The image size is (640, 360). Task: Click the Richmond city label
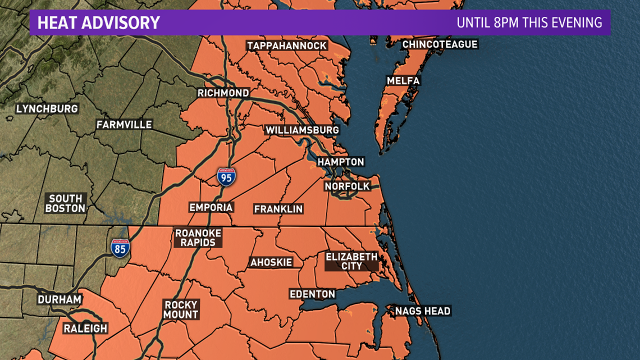coord(223,93)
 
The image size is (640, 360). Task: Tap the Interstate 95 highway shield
coord(226,177)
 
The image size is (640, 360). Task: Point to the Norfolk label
coord(347,186)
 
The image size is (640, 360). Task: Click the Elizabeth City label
coord(352,261)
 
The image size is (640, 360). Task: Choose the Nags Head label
coord(423,311)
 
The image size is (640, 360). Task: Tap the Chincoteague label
coord(440,44)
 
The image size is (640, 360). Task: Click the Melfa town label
coord(403,81)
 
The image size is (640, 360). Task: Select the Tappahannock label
coord(286,45)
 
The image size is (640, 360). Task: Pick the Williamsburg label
coord(302,130)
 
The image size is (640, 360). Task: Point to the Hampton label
coord(341,162)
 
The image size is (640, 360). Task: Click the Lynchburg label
coord(47,108)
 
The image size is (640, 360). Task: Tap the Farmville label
coord(124,124)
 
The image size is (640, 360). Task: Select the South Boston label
coord(66,203)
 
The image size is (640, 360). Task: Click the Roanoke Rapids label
coord(198,238)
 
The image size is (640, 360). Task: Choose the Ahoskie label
coord(271,262)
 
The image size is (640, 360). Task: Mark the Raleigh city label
coord(85,328)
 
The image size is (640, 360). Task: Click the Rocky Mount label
coord(181,310)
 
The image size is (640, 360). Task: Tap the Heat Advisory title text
coord(98,23)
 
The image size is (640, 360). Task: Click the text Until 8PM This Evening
coord(529,23)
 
